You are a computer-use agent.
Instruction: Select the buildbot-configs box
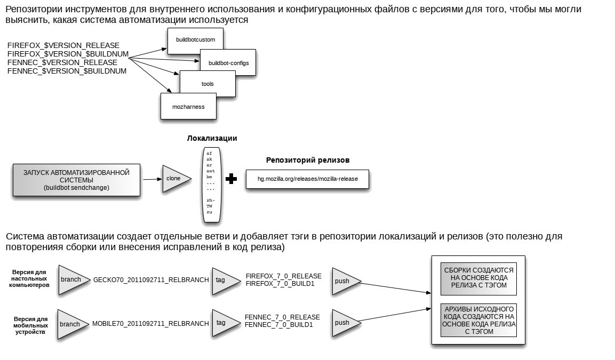click(228, 62)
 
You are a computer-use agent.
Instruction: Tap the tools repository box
click(207, 84)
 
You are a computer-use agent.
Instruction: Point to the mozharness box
click(188, 106)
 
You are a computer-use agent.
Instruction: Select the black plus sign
click(231, 179)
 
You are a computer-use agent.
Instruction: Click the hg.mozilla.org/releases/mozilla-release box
click(307, 179)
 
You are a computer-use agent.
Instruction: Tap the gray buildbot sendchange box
click(76, 180)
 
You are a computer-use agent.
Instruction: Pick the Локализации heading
click(212, 138)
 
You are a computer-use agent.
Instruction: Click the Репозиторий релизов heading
click(307, 160)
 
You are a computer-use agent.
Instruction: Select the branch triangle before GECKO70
click(74, 280)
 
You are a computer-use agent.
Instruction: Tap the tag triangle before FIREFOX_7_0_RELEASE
click(226, 281)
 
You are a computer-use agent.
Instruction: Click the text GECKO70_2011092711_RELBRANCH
click(151, 280)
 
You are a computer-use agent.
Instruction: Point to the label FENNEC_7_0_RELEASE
click(282, 317)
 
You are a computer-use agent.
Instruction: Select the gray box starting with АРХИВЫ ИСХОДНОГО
click(478, 320)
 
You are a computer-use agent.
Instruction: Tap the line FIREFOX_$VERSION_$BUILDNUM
click(68, 54)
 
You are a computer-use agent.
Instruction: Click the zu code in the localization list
click(210, 212)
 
